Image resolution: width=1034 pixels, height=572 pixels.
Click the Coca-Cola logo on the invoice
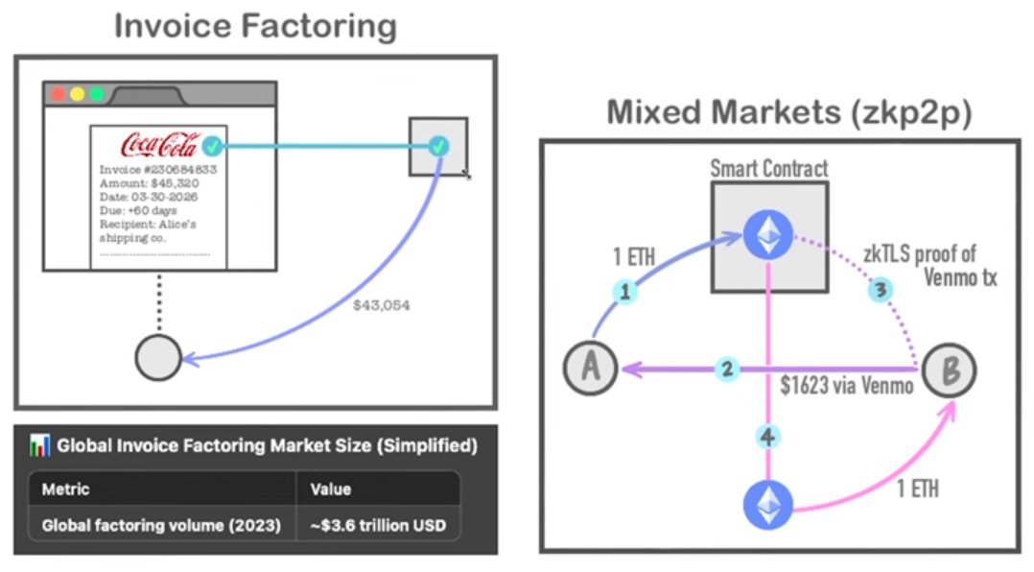(x=159, y=145)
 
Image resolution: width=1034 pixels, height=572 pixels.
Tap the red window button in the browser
(x=58, y=94)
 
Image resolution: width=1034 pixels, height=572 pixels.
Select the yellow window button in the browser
(x=77, y=94)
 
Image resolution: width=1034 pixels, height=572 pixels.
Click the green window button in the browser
(x=97, y=94)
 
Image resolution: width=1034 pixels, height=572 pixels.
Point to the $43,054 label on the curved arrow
(x=381, y=305)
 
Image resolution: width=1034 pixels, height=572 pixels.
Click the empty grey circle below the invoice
(x=158, y=358)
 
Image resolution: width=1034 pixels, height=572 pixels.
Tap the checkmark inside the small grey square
(x=438, y=146)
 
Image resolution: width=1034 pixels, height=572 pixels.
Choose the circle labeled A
(x=591, y=368)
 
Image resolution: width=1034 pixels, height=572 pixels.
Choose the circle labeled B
(x=949, y=370)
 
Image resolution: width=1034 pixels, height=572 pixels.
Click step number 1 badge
(x=625, y=291)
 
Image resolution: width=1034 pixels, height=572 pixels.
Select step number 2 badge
(x=727, y=369)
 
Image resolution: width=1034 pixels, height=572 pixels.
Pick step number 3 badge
(x=881, y=289)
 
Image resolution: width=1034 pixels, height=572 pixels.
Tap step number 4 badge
(x=767, y=437)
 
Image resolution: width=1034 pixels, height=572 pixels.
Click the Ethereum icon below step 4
(x=768, y=505)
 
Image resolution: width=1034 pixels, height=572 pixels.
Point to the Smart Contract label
(x=769, y=169)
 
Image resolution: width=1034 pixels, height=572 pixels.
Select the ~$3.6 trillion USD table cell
(x=379, y=525)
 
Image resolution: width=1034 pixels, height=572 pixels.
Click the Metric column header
(x=65, y=489)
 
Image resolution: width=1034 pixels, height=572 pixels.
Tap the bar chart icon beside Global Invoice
(x=39, y=445)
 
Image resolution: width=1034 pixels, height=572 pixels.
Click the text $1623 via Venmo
(x=847, y=385)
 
